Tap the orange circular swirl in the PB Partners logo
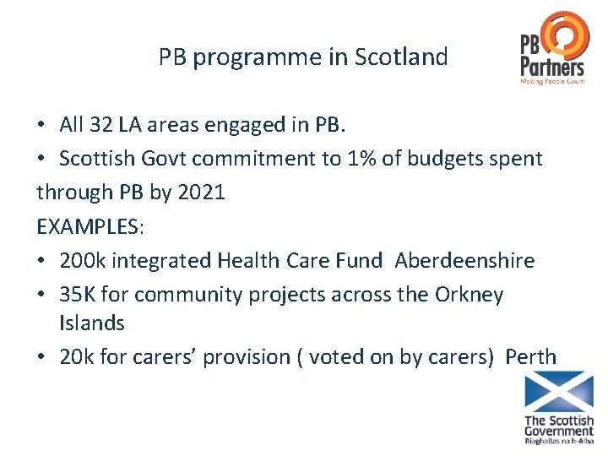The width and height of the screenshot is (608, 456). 567,35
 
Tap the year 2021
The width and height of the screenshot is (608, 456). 198,192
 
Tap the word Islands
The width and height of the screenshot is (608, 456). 92,323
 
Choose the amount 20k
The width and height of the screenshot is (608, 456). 79,356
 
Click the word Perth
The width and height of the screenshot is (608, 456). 530,356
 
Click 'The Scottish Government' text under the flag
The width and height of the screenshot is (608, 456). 559,426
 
